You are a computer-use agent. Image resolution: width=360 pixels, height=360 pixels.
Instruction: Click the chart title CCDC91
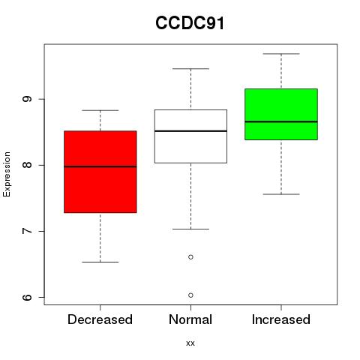tap(190, 22)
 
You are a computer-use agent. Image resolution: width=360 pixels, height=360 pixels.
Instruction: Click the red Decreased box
tap(100, 172)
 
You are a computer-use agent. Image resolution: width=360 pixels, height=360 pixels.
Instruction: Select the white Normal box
tap(190, 136)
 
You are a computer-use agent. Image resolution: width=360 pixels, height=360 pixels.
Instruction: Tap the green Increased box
tap(281, 114)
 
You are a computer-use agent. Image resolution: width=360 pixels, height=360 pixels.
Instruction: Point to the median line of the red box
tap(100, 166)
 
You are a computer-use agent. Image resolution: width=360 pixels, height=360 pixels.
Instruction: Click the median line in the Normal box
tap(190, 131)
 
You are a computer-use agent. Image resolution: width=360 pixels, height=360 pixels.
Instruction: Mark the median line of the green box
tap(281, 121)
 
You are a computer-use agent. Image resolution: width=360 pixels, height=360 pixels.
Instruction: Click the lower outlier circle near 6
tap(190, 295)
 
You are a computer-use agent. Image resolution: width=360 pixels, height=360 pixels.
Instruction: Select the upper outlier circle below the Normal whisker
tap(190, 257)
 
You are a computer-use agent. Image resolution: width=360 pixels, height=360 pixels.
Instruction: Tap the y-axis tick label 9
tap(27, 99)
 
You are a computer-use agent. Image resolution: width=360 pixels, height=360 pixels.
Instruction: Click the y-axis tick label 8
tap(27, 165)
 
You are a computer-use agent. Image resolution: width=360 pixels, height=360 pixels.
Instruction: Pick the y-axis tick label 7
tap(27, 231)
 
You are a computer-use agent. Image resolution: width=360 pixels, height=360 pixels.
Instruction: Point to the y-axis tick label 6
tap(27, 297)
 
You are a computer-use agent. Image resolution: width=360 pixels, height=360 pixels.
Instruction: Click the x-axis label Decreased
tap(100, 319)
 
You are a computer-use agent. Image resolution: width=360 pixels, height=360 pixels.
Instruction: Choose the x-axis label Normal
tap(190, 319)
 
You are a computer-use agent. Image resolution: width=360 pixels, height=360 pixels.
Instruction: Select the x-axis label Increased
tap(281, 319)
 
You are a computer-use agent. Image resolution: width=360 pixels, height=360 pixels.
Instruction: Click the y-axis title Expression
tap(7, 174)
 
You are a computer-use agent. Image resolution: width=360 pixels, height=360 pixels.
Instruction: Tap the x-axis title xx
tap(190, 343)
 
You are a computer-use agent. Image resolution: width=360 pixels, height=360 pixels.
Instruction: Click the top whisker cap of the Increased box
tap(281, 54)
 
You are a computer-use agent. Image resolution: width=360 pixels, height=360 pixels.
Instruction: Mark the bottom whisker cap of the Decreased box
tap(100, 262)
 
